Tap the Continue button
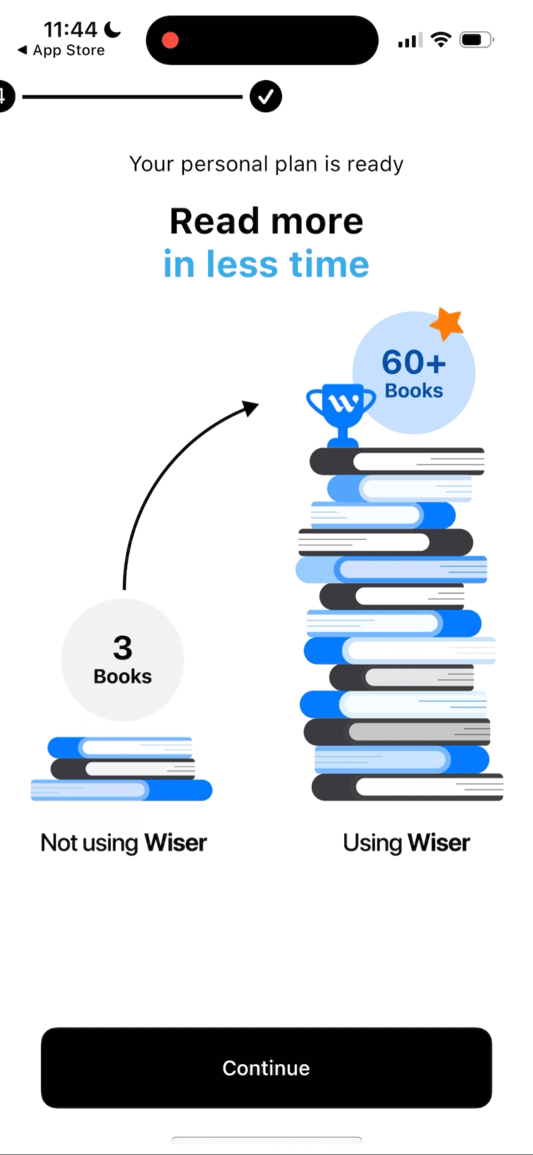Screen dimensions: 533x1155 click(266, 1068)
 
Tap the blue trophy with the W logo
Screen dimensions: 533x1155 click(341, 409)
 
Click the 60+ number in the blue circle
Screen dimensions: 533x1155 click(413, 362)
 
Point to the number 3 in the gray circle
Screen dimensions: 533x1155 click(122, 647)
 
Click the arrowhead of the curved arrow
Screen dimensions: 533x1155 click(250, 407)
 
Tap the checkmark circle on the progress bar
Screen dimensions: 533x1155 click(266, 96)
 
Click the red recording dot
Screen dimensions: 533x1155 click(170, 41)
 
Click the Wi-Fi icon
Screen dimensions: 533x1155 click(441, 39)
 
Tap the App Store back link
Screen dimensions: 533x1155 click(62, 51)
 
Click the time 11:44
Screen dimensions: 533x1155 click(71, 29)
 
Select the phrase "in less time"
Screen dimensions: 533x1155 click(266, 264)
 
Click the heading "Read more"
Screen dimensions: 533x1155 click(266, 221)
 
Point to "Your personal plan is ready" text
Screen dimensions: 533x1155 click(266, 164)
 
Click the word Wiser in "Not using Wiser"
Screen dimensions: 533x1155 click(175, 843)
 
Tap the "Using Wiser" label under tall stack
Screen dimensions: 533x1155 click(406, 843)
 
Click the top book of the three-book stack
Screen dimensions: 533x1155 click(121, 748)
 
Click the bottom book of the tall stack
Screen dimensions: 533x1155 click(407, 787)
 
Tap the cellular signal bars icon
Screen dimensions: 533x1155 click(410, 41)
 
